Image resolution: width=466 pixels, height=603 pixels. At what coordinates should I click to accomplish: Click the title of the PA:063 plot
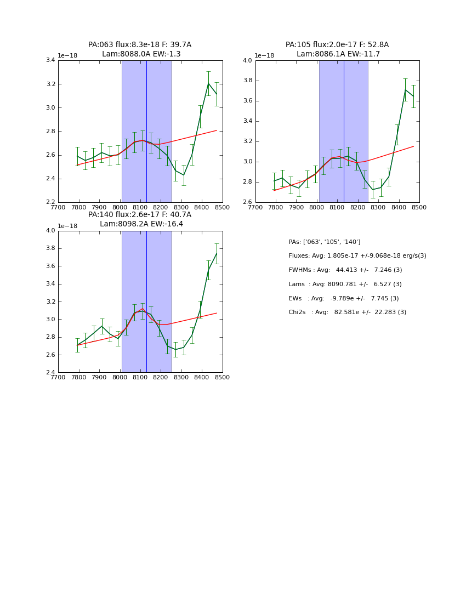140,49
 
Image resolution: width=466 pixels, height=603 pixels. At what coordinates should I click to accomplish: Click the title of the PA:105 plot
337,49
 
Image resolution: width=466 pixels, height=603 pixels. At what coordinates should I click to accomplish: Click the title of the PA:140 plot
140,219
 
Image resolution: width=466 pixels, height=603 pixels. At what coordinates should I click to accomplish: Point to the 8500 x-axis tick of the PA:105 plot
419,207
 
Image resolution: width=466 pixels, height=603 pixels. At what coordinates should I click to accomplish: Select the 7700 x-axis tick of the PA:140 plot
58,377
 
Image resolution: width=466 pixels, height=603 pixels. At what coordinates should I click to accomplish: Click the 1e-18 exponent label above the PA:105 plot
264,55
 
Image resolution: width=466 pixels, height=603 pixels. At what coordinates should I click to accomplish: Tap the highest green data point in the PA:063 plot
208,83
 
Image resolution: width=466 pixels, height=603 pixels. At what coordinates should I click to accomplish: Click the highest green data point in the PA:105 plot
406,90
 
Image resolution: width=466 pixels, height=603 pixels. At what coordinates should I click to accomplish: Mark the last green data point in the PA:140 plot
217,253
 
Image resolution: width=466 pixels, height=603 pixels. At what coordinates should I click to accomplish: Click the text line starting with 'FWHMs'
345,270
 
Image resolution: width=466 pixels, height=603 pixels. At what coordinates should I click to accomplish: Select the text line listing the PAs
324,242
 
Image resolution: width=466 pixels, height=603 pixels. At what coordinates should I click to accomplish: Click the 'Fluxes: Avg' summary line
357,256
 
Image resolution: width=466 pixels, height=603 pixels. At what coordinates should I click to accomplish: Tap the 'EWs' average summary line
343,298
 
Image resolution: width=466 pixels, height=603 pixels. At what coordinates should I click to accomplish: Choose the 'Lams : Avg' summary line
345,285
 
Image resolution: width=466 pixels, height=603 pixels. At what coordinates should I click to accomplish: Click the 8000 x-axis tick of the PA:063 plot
120,207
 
